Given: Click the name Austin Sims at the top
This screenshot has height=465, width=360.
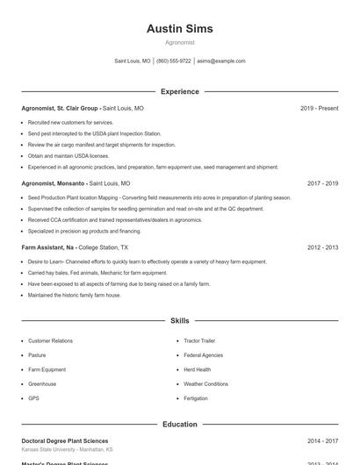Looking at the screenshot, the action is click(179, 29).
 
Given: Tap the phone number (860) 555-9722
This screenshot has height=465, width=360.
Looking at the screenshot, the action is click(174, 61).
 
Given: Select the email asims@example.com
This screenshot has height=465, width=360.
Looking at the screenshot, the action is click(221, 61).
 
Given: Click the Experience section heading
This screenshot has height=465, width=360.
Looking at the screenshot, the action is click(179, 91).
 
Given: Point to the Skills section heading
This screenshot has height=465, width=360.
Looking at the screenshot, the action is click(179, 321).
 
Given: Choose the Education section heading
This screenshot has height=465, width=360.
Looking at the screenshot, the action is click(179, 425).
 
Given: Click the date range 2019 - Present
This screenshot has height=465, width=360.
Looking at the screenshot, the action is click(319, 109).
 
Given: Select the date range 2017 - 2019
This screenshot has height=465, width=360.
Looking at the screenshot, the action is click(322, 184).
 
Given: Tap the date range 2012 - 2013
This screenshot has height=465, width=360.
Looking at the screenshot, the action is click(322, 248).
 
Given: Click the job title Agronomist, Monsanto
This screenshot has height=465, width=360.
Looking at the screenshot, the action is click(54, 184).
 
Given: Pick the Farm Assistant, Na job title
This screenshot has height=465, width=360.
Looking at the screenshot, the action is click(51, 248).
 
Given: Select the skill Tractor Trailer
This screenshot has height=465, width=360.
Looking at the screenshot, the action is click(199, 340).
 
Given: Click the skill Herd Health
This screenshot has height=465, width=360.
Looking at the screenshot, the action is click(197, 369).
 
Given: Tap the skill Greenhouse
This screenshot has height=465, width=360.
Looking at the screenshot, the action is click(42, 384).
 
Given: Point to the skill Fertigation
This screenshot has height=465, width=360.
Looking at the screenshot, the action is click(196, 398).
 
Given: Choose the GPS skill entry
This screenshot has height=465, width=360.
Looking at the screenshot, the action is click(33, 398).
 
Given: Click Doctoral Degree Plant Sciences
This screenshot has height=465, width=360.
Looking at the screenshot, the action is click(65, 441).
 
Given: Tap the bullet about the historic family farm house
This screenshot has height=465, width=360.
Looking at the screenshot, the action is click(75, 295).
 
